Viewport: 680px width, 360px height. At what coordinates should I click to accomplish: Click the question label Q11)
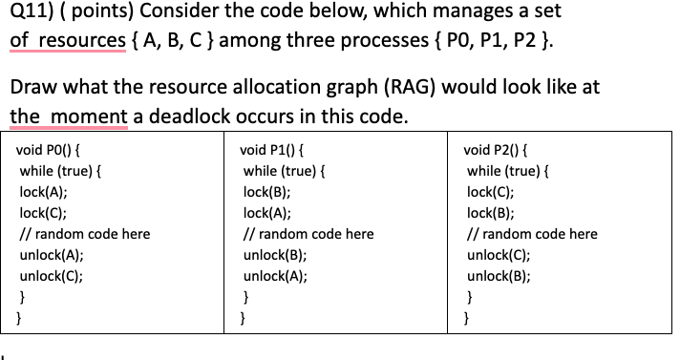click(x=32, y=14)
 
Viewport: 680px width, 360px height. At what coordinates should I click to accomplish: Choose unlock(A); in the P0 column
click(x=51, y=255)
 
